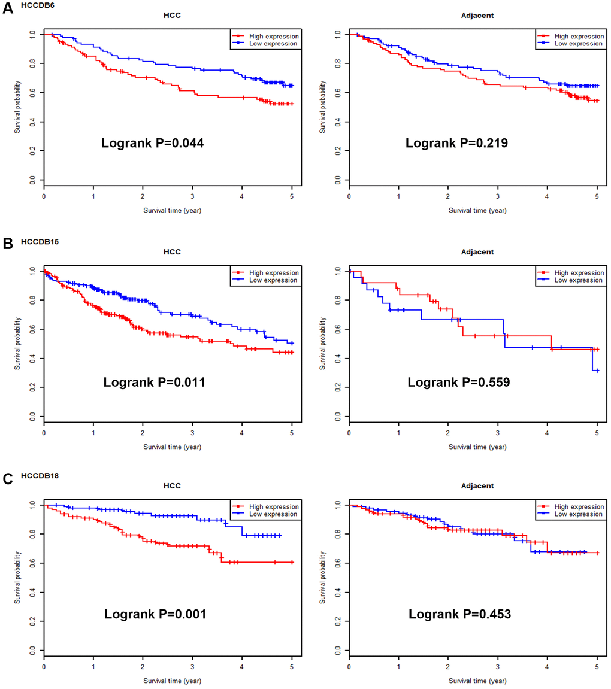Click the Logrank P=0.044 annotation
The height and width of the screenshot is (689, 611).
click(x=153, y=144)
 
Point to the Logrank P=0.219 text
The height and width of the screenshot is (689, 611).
click(x=458, y=144)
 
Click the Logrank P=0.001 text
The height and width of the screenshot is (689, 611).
click(x=155, y=614)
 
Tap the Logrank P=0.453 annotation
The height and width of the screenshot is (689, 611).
click(x=459, y=614)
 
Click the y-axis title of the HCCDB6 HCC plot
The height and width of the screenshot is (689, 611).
click(x=19, y=107)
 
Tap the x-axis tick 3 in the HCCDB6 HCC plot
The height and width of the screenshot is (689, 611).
click(x=193, y=196)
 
